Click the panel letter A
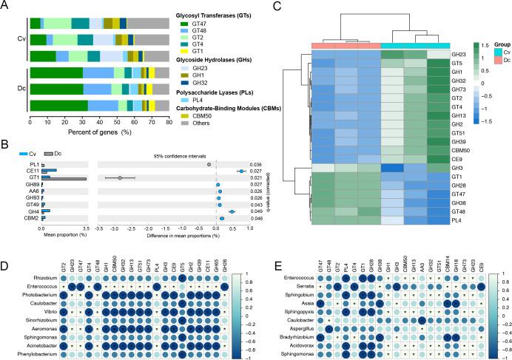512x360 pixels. click(x=6, y=6)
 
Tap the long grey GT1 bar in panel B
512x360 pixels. click(x=64, y=178)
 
